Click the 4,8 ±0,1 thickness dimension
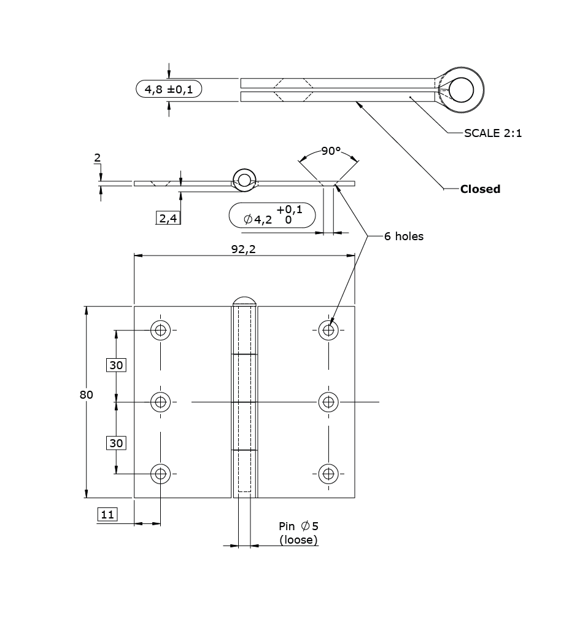point(169,90)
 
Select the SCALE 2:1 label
point(492,133)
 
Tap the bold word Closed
point(480,189)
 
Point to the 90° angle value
point(330,151)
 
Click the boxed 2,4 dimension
point(169,217)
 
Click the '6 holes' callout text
point(403,236)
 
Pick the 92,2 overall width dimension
point(244,249)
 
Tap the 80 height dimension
point(86,395)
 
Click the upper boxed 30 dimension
point(116,365)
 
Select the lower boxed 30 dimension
point(116,442)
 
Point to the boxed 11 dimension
point(107,514)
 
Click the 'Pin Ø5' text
point(298,526)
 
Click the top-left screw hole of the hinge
point(160,330)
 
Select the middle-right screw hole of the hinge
point(328,402)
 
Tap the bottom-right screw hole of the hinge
point(328,474)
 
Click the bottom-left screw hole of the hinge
point(160,474)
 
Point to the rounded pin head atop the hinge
point(244,301)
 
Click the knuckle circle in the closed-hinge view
point(461,90)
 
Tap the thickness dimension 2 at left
point(97,158)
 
